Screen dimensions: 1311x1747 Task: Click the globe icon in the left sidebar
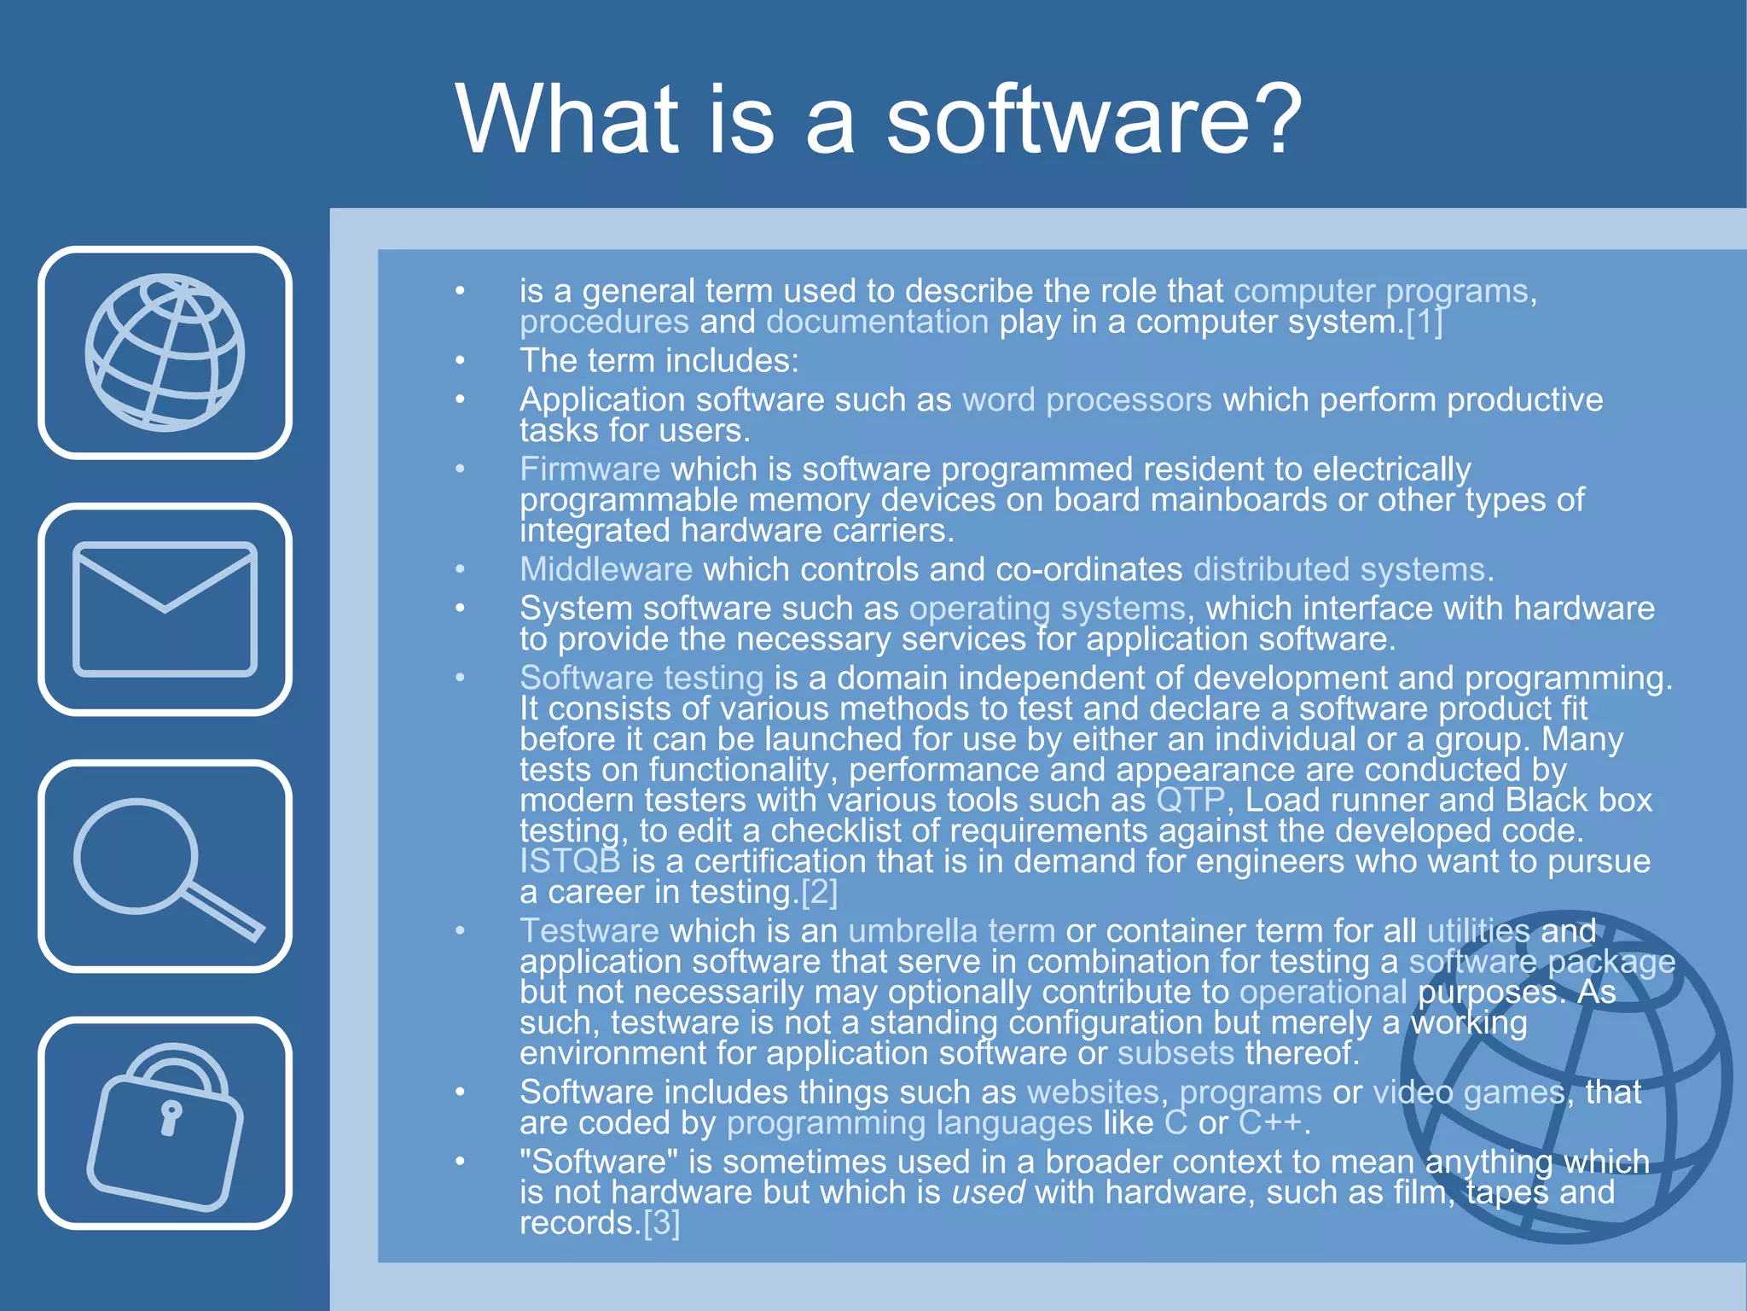pyautogui.click(x=165, y=353)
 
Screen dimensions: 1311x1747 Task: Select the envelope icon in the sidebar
pyautogui.click(x=165, y=609)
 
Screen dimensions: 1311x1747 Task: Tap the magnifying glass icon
pyautogui.click(x=165, y=866)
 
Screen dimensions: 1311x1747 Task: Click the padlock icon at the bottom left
pyautogui.click(x=165, y=1125)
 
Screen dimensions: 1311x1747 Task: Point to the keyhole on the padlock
pyautogui.click(x=171, y=1116)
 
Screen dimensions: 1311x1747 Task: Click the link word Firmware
pyautogui.click(x=589, y=469)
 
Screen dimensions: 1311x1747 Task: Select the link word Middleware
pyautogui.click(x=606, y=569)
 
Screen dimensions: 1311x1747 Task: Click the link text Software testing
pyautogui.click(x=641, y=678)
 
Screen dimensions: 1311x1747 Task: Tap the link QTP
pyautogui.click(x=1190, y=801)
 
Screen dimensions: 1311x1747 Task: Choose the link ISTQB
pyautogui.click(x=570, y=861)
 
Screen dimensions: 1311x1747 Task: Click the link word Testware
pyautogui.click(x=589, y=931)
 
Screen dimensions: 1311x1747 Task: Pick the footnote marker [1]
pyautogui.click(x=1424, y=323)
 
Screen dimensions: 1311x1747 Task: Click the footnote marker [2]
pyautogui.click(x=819, y=892)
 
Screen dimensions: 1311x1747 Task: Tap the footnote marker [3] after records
pyautogui.click(x=661, y=1223)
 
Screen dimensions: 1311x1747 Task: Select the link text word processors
pyautogui.click(x=1087, y=400)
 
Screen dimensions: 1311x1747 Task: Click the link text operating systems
pyautogui.click(x=1047, y=609)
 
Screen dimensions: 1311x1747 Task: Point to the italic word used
pyautogui.click(x=988, y=1192)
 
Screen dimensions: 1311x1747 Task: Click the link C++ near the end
pyautogui.click(x=1270, y=1123)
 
